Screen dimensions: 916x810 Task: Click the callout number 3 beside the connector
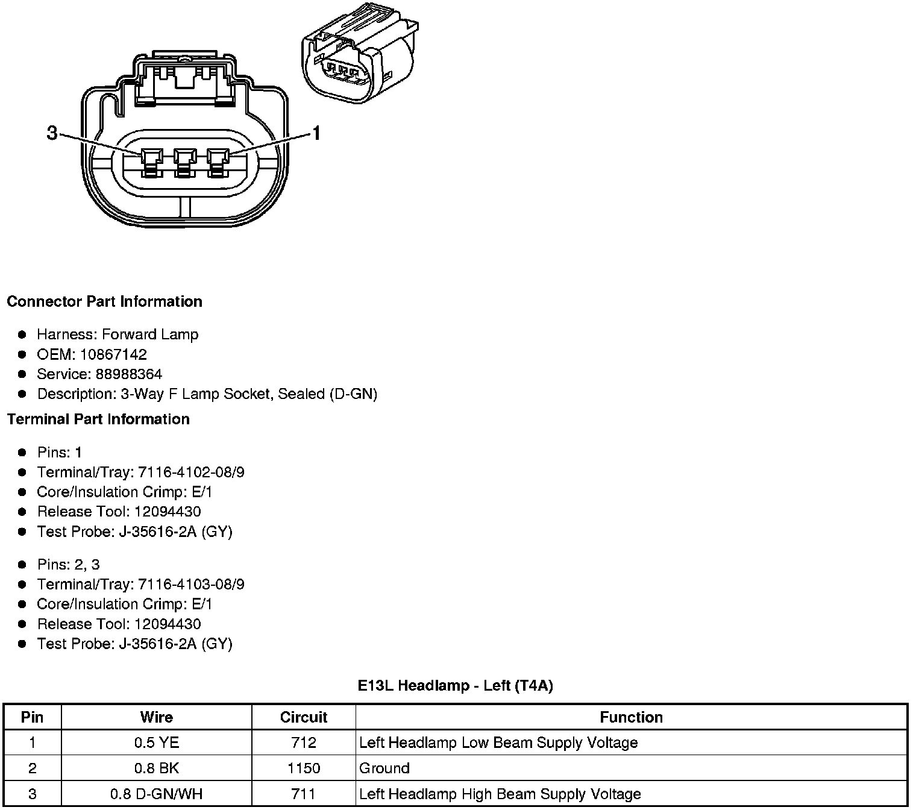click(52, 133)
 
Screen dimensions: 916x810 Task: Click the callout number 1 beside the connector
click(315, 133)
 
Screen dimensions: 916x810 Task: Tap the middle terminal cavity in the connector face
click(185, 163)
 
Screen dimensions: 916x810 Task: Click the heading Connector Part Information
click(104, 301)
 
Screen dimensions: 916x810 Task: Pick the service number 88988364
click(128, 374)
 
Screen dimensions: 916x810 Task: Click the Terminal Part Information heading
click(98, 419)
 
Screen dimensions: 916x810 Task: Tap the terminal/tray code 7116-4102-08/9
click(191, 472)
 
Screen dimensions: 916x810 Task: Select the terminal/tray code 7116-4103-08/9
click(191, 584)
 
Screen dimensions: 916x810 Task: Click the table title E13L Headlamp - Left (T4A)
click(455, 685)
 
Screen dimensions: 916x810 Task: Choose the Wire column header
click(156, 717)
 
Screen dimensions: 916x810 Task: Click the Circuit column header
click(303, 717)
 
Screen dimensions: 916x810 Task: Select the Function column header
click(631, 717)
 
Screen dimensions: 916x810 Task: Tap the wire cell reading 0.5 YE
click(156, 742)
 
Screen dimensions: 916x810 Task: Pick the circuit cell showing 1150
click(303, 768)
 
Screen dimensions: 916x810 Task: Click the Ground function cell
click(384, 768)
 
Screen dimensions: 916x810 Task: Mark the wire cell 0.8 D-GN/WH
click(156, 794)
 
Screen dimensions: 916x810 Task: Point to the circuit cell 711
click(303, 794)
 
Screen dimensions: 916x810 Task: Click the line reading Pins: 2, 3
click(68, 565)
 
